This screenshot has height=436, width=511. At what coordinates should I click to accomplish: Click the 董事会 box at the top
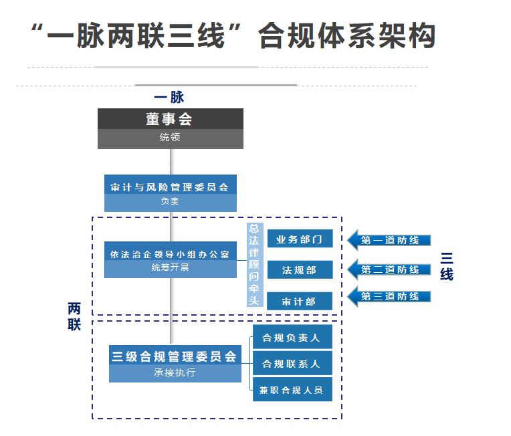pos(170,119)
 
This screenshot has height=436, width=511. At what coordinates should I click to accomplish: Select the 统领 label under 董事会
pos(170,138)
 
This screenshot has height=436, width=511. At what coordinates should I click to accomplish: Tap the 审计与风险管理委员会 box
pos(170,187)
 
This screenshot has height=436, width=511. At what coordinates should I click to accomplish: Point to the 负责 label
pos(170,202)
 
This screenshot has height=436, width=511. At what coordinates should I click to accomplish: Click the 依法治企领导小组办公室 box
pos(170,254)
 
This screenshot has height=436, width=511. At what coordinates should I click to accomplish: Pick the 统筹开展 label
pos(170,269)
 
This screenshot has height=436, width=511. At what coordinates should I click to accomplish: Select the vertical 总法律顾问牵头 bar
pos(253,265)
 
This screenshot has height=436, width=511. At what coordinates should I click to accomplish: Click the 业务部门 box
pos(299,239)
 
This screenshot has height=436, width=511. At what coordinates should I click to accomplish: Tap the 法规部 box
pos(299,270)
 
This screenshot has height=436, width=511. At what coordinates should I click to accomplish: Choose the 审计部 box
pos(299,302)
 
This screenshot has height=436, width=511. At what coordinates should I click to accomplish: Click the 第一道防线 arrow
pos(389,240)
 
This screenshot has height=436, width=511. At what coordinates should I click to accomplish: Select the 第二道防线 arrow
pos(389,269)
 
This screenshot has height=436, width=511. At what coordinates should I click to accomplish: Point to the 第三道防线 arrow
pos(389,296)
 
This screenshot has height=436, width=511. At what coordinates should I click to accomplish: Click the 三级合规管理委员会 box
pos(175,356)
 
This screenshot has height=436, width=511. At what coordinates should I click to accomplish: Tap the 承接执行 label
pos(175,373)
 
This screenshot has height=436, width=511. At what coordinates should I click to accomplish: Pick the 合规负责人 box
pos(292,338)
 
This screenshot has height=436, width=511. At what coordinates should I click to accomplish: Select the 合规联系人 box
pos(292,364)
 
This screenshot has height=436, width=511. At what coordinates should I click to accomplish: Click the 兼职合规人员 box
pos(292,390)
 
